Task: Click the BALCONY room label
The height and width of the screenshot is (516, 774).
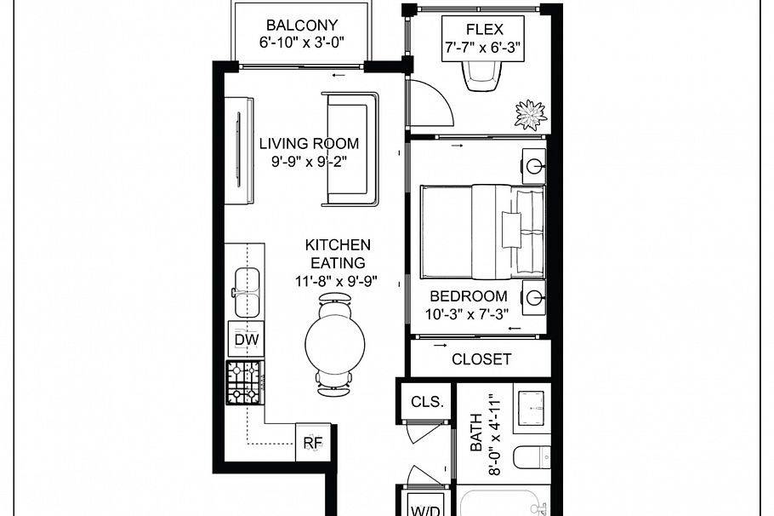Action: coord(302,26)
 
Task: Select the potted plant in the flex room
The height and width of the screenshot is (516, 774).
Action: coord(531,114)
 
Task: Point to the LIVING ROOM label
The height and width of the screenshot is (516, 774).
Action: coord(309,143)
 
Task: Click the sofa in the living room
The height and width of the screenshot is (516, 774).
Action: coord(349,149)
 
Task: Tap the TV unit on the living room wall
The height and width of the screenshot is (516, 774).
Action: coord(238,151)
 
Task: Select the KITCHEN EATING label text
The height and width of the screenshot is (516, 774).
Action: coord(338,254)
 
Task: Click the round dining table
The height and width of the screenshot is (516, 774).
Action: coord(334,344)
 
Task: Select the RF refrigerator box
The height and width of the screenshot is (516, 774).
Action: coord(312,442)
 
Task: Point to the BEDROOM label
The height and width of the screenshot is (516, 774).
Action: coord(468,296)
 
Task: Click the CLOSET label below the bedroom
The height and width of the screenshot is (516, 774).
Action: coord(481,359)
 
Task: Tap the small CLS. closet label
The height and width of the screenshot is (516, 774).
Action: coord(426,402)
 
